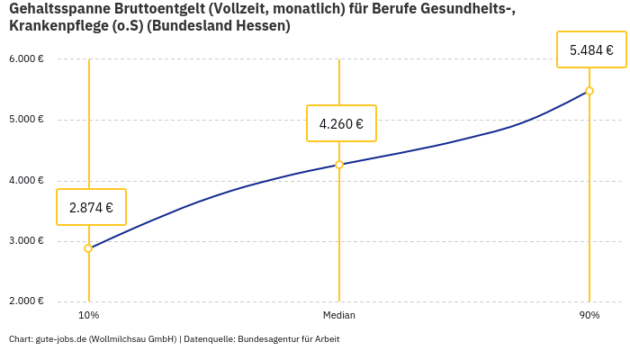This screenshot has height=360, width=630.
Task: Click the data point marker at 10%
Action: [88, 248]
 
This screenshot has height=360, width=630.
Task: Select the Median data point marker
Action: [339, 165]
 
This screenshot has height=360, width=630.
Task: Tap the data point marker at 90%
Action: [589, 91]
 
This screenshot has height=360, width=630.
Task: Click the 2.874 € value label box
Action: [91, 207]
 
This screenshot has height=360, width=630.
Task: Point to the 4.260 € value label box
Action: [341, 123]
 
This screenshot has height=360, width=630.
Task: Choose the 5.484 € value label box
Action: [591, 49]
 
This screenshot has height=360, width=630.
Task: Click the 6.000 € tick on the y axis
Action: [26, 59]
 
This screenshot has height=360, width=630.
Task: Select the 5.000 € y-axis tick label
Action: [26, 120]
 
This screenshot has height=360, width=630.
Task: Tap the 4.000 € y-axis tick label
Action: [26, 180]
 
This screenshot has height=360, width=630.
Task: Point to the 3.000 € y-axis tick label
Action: [26, 240]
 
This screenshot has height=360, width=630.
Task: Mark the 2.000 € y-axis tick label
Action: [26, 301]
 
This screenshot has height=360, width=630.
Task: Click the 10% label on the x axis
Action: [88, 315]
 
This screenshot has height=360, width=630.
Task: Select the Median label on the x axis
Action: [339, 315]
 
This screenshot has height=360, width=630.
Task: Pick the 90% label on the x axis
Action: [589, 315]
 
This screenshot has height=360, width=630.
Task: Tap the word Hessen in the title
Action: [260, 26]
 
